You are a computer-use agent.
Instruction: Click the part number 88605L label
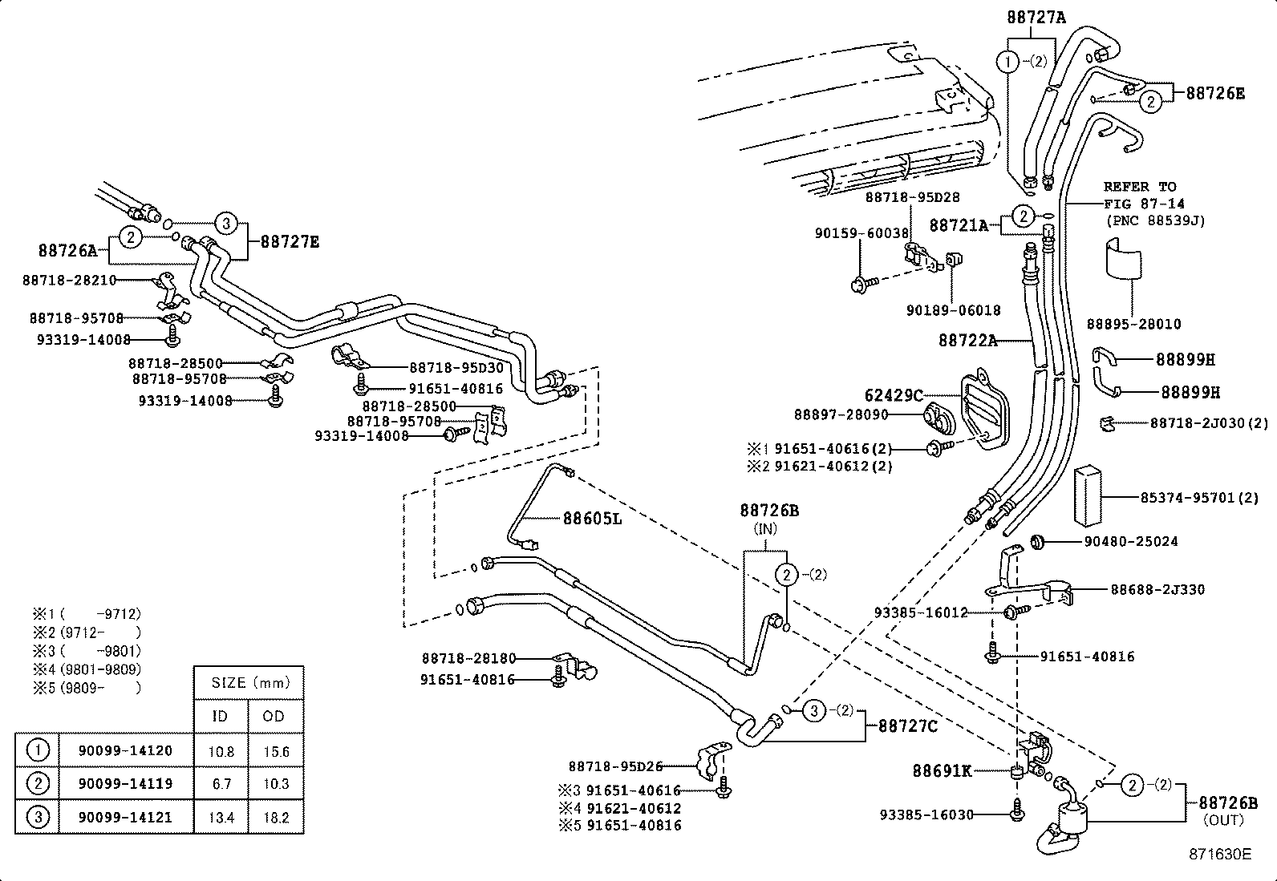tap(592, 519)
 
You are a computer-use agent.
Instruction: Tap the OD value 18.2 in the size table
tap(275, 818)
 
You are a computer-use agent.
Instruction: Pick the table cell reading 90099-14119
tap(125, 783)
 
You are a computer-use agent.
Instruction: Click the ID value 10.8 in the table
tap(221, 752)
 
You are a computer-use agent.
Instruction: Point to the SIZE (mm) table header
tap(249, 684)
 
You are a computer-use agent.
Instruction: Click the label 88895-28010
tap(1133, 324)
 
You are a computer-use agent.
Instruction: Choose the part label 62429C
tap(894, 395)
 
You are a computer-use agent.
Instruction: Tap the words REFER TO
tap(1140, 187)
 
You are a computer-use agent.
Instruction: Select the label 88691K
tap(942, 771)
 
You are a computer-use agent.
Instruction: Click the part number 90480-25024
tap(1131, 542)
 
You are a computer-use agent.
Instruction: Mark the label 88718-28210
tap(69, 280)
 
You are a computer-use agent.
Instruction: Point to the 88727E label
tap(290, 241)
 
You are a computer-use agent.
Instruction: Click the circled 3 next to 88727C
tap(814, 710)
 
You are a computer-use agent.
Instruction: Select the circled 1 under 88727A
tap(1007, 61)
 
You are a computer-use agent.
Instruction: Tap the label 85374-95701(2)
tap(1199, 498)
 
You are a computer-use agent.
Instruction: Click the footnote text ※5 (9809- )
tap(87, 688)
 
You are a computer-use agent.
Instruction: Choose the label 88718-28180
tap(468, 659)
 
